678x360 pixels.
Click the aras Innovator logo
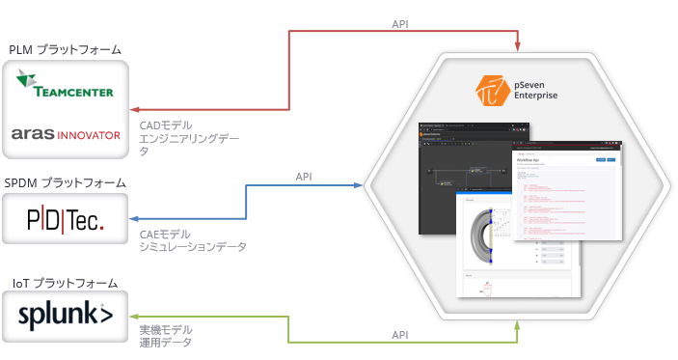tap(66, 134)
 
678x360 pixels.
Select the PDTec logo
tap(66, 220)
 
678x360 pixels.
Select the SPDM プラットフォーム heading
tap(66, 182)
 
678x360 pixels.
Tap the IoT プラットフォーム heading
tap(66, 283)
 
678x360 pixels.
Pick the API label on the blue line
tap(304, 177)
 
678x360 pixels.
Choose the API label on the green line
tap(400, 334)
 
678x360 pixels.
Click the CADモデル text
tap(166, 125)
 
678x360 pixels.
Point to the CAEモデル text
tap(166, 234)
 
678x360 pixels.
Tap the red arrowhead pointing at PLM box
tap(134, 110)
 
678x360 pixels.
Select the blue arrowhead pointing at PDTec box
tap(134, 219)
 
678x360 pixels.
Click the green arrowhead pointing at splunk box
tap(134, 316)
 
